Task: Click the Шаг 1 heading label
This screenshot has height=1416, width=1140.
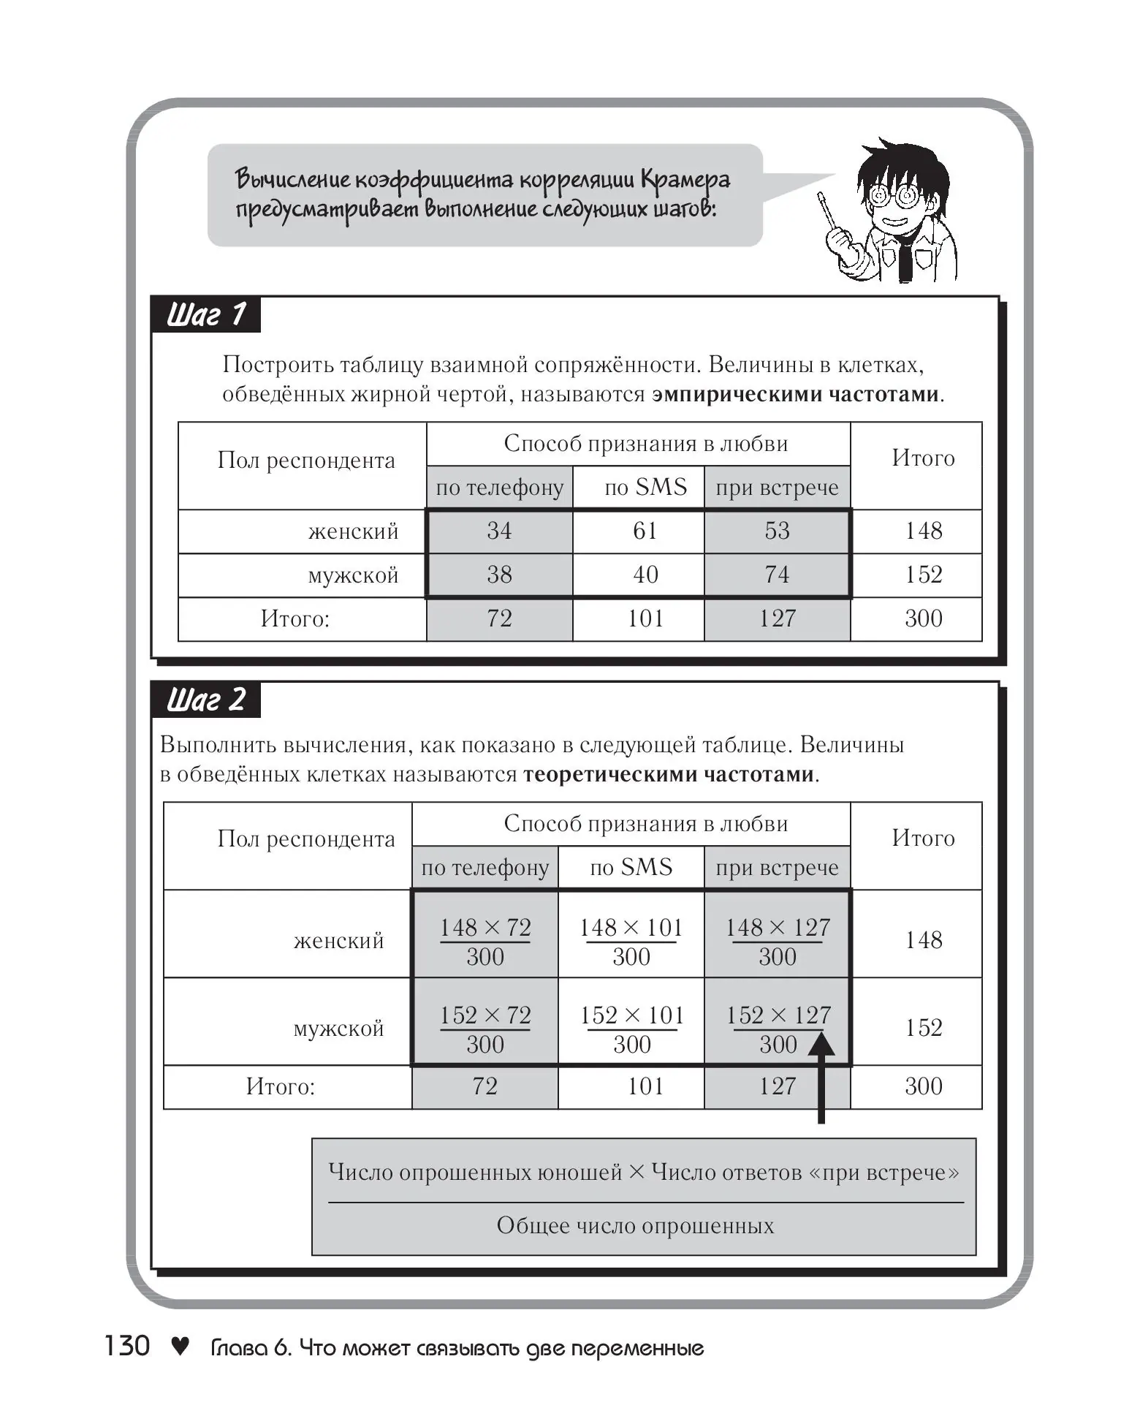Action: (206, 315)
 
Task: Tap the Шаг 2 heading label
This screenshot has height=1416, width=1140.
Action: (206, 700)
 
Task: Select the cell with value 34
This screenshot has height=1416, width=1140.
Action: (499, 531)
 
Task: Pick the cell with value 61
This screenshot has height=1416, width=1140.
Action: (645, 531)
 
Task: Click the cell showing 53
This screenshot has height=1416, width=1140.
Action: (777, 531)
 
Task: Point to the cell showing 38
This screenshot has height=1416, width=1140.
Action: (499, 575)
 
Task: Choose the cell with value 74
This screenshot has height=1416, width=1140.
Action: (777, 575)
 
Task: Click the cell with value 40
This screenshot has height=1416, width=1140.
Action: (645, 575)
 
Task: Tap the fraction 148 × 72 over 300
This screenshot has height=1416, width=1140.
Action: (485, 942)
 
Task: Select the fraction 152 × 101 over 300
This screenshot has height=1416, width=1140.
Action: (632, 1029)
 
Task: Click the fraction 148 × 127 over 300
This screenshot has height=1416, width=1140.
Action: (778, 942)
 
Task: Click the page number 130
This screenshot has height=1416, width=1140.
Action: (127, 1346)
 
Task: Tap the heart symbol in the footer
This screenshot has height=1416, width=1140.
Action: (180, 1346)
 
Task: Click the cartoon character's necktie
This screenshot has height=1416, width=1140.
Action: (905, 260)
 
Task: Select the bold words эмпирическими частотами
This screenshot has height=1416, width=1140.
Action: (795, 395)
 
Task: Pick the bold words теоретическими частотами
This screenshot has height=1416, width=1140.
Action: (668, 774)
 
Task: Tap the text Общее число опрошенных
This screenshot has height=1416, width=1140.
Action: (635, 1226)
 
